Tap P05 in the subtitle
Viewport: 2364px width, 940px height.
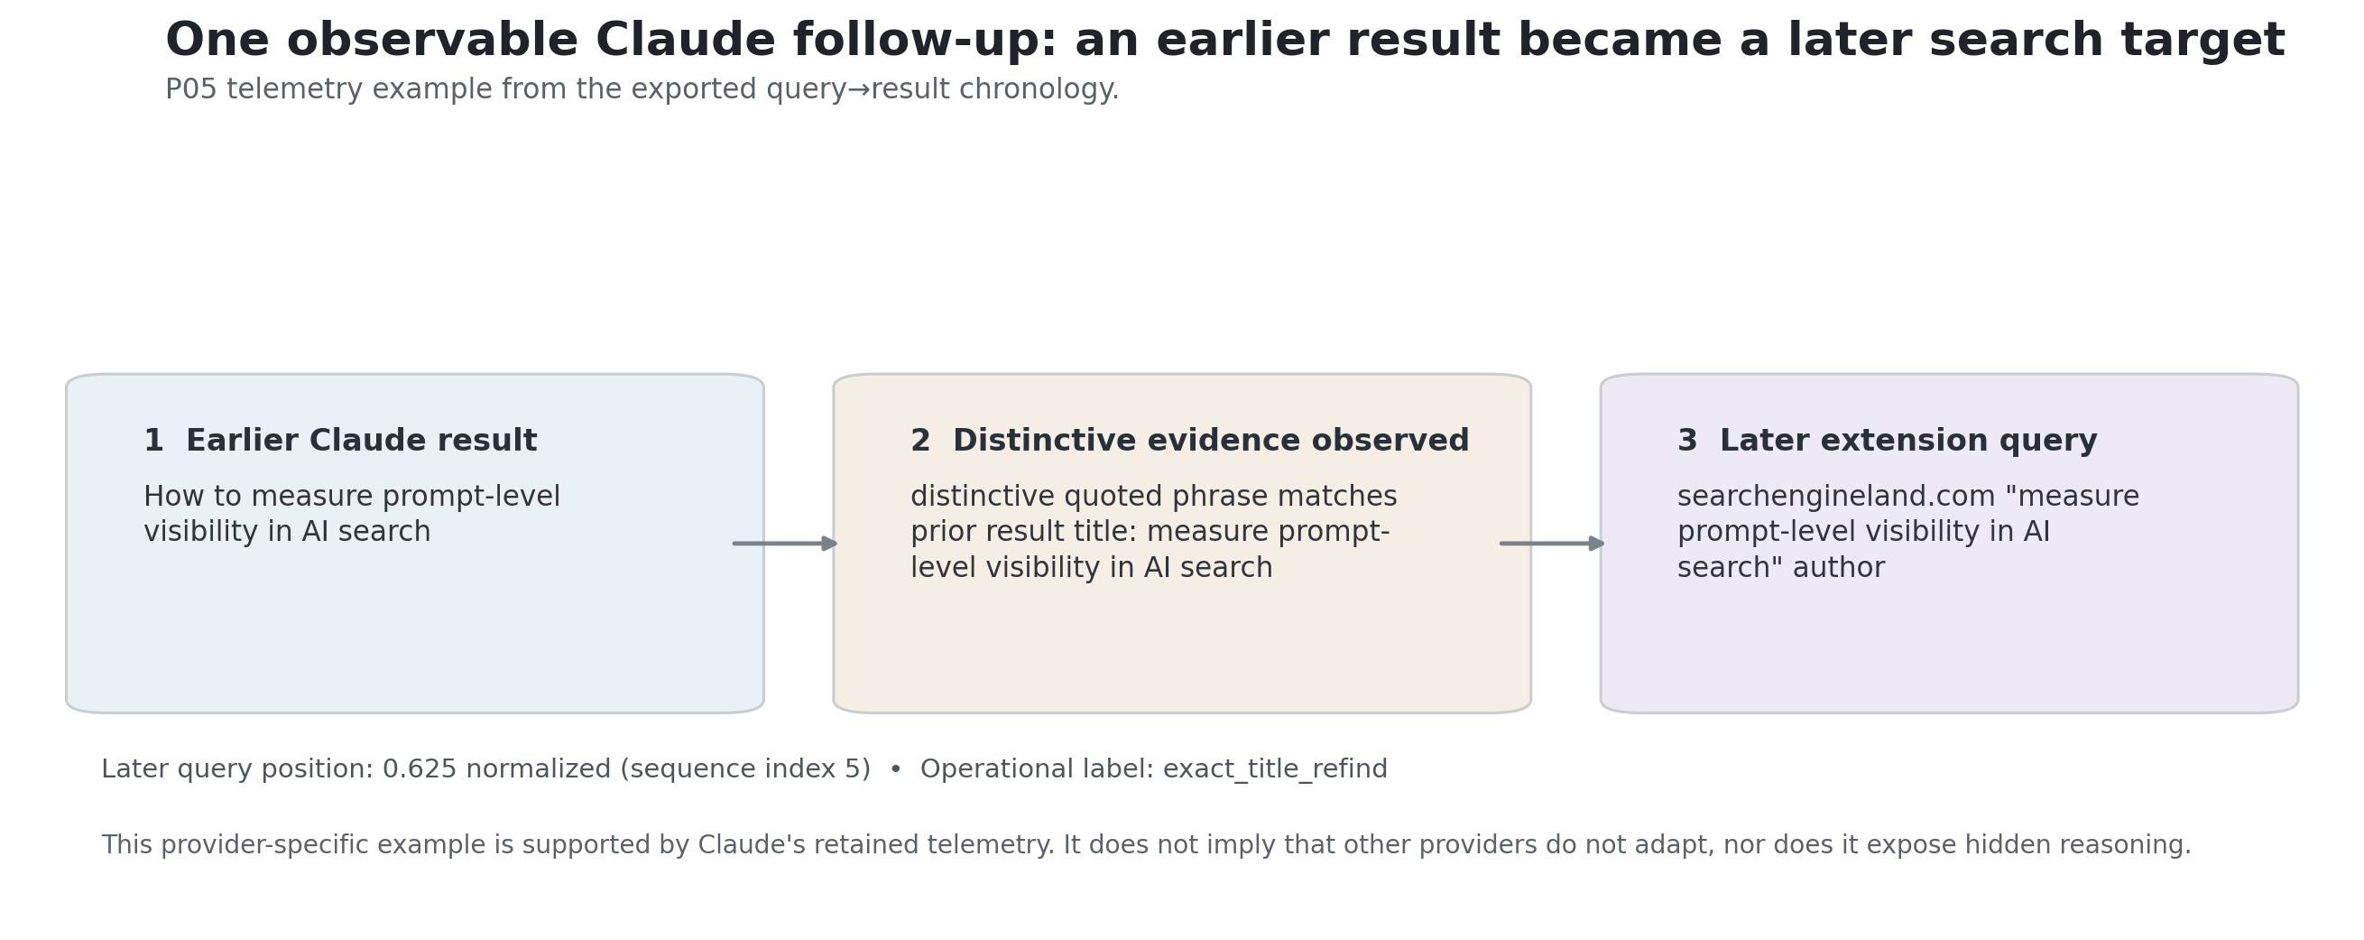click(191, 90)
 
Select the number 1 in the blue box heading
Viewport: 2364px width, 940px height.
click(153, 442)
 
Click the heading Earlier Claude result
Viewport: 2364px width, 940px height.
click(362, 442)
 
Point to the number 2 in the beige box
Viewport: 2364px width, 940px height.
click(920, 442)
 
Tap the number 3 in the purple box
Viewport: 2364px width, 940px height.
click(1687, 442)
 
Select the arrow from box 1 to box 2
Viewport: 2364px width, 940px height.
click(786, 544)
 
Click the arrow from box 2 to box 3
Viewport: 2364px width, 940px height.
click(1553, 544)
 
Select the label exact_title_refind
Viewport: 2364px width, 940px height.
click(1276, 770)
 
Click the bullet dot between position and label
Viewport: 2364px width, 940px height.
click(896, 770)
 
